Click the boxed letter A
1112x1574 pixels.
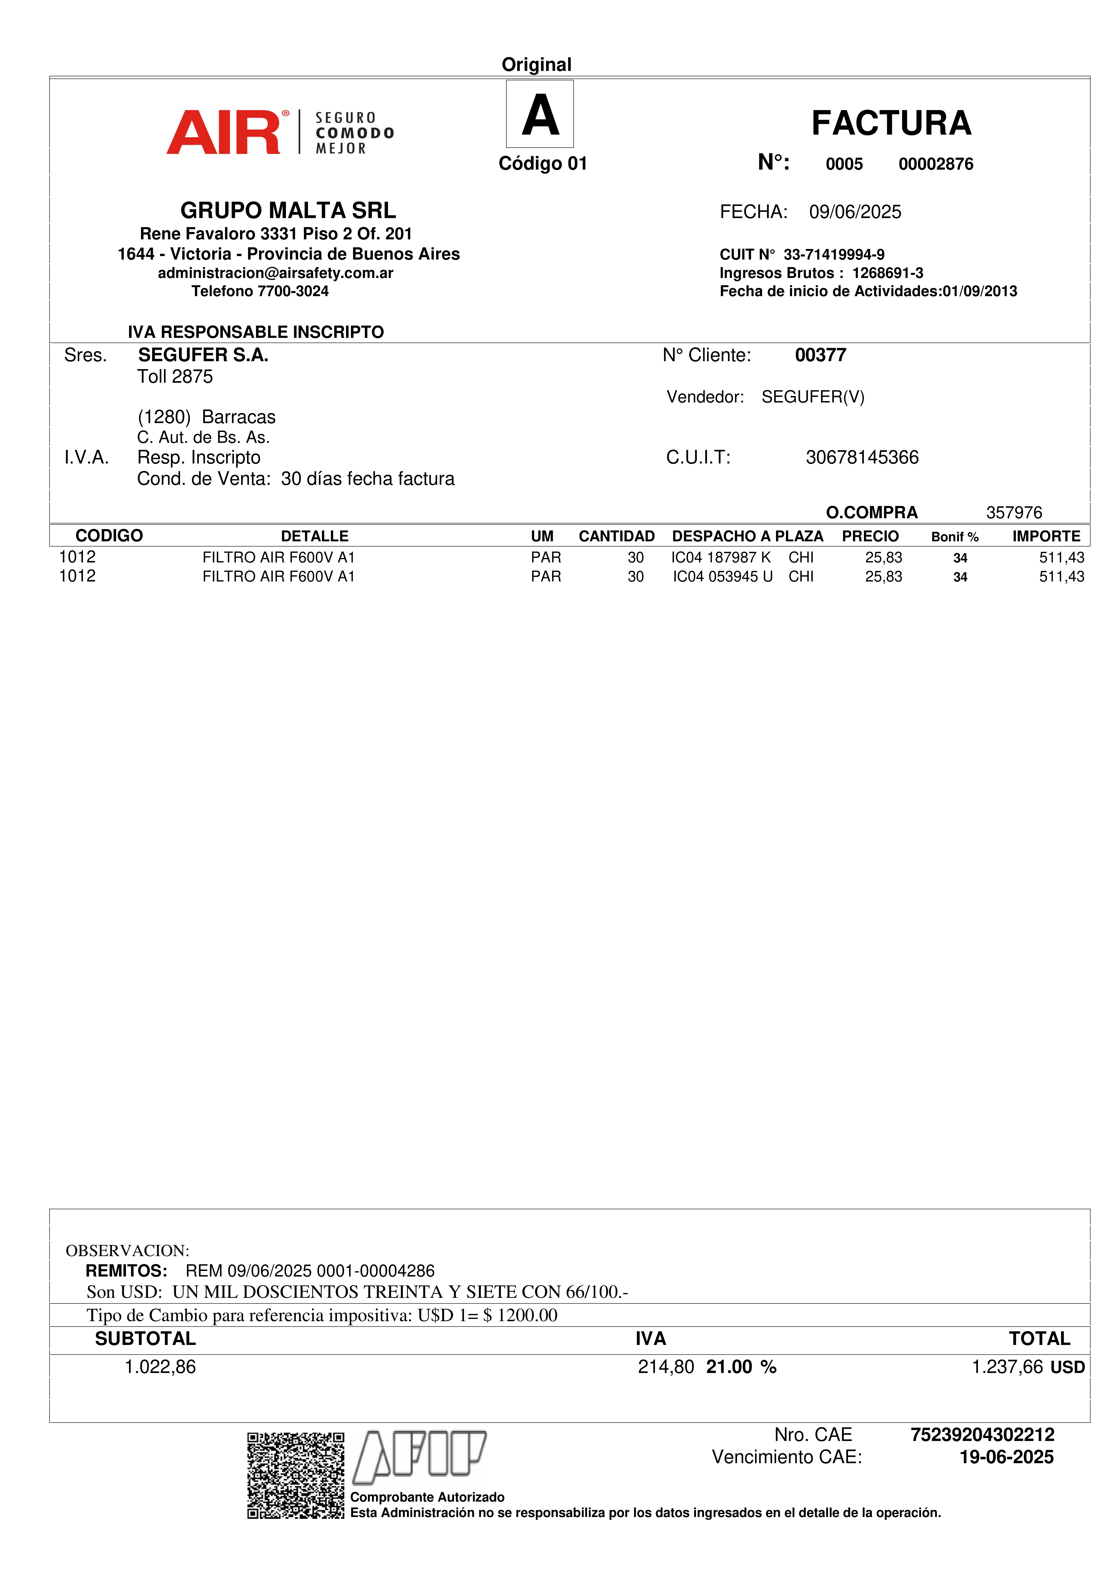pyautogui.click(x=540, y=114)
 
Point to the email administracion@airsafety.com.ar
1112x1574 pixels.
pyautogui.click(x=275, y=273)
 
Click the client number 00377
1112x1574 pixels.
pyautogui.click(x=820, y=355)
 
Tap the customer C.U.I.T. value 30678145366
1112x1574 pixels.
pyautogui.click(x=862, y=457)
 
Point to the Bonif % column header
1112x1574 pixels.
pyautogui.click(x=954, y=537)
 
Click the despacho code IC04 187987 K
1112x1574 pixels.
pyautogui.click(x=721, y=557)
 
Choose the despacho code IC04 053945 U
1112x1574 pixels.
pyautogui.click(x=722, y=577)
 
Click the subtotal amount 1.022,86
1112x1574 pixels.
pyautogui.click(x=160, y=1367)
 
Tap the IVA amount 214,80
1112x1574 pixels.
pyautogui.click(x=665, y=1367)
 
